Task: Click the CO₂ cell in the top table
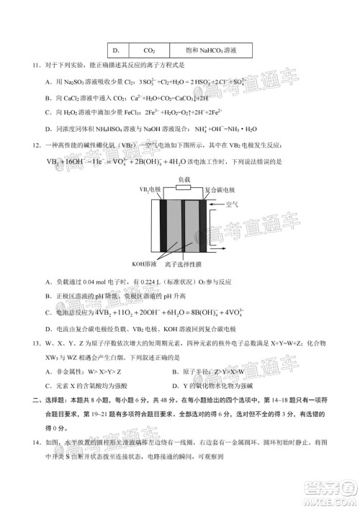150,50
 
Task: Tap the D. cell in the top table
115,50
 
